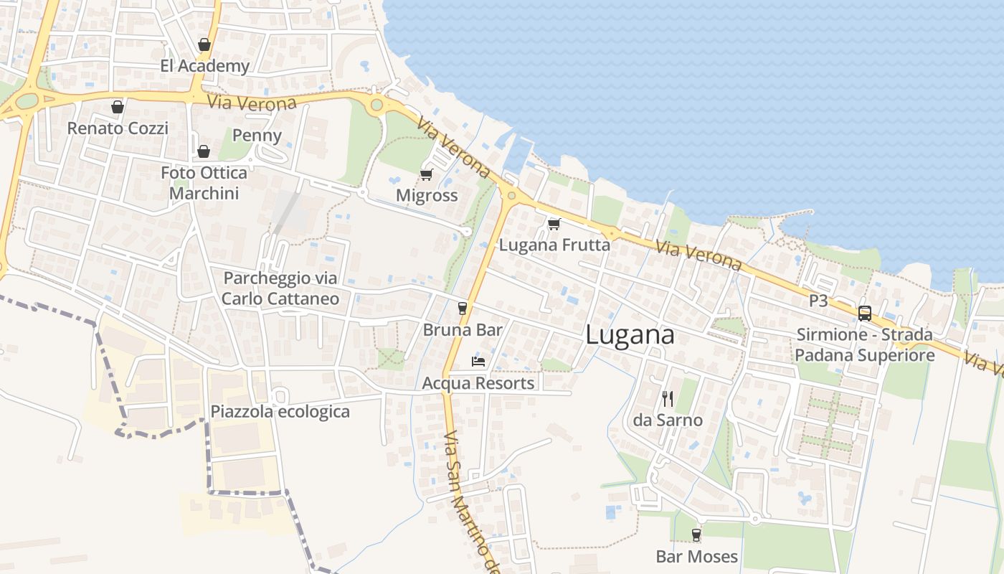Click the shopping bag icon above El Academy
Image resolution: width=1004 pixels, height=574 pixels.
pyautogui.click(x=204, y=44)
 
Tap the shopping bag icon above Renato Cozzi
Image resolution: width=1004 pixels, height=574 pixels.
pyautogui.click(x=118, y=107)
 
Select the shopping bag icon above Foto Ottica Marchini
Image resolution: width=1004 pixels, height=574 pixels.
pyautogui.click(x=204, y=151)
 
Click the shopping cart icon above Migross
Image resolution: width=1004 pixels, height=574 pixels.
pyautogui.click(x=427, y=174)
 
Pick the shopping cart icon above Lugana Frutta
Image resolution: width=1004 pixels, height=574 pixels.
pyautogui.click(x=554, y=224)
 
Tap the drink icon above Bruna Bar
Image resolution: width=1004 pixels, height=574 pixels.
pyautogui.click(x=463, y=309)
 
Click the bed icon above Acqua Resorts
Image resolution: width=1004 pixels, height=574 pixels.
pyautogui.click(x=478, y=361)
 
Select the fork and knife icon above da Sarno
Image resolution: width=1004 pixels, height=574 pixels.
pyautogui.click(x=668, y=399)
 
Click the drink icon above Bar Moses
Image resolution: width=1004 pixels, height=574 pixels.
pyautogui.click(x=696, y=535)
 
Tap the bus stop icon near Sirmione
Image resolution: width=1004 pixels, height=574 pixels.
pyautogui.click(x=865, y=314)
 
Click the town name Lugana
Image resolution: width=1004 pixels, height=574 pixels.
pyautogui.click(x=630, y=335)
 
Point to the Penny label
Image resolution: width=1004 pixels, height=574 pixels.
pyautogui.click(x=257, y=136)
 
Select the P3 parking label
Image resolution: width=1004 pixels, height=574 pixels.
pyautogui.click(x=818, y=301)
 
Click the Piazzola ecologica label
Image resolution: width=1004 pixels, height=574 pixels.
pyautogui.click(x=280, y=412)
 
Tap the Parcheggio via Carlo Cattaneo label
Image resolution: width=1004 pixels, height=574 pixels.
pyautogui.click(x=280, y=288)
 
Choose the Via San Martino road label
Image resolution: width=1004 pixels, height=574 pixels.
pyautogui.click(x=470, y=502)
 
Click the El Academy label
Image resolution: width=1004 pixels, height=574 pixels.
pyautogui.click(x=204, y=66)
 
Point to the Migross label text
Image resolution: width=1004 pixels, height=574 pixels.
pyautogui.click(x=427, y=195)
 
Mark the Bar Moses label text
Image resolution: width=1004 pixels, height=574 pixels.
pyautogui.click(x=696, y=556)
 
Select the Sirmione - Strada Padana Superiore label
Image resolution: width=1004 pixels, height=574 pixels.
pyautogui.click(x=865, y=345)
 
